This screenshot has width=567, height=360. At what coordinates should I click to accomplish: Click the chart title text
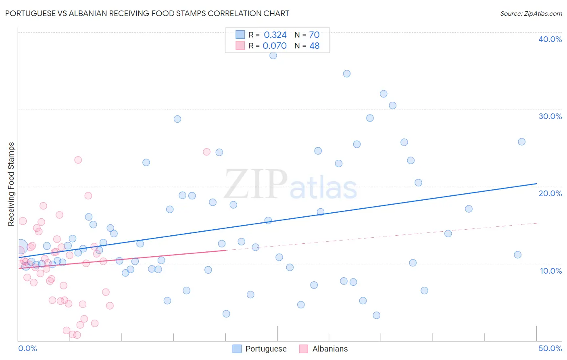tap(147, 13)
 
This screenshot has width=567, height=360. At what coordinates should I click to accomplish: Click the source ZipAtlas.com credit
tap(531, 13)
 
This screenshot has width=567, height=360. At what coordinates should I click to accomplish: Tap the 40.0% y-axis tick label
tap(550, 39)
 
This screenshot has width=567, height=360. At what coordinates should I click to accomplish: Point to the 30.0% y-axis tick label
tap(550, 116)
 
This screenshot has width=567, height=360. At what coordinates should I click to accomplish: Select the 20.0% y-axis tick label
tap(550, 193)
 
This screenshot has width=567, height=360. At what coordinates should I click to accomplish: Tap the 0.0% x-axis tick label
tap(27, 348)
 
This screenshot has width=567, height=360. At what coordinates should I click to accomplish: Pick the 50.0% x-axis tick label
tap(550, 348)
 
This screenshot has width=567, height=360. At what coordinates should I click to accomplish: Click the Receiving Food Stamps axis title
tap(11, 184)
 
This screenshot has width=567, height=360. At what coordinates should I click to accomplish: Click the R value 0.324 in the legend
tap(275, 35)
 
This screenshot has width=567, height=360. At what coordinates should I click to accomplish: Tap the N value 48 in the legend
tap(314, 46)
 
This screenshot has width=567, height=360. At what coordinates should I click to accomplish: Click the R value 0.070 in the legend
tap(275, 46)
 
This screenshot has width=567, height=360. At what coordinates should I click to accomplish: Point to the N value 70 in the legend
tap(314, 35)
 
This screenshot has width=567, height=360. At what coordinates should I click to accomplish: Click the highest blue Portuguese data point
tap(273, 55)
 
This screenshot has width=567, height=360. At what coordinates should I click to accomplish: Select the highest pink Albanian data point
tap(206, 152)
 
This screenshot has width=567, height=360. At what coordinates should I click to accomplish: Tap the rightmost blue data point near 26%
tap(521, 142)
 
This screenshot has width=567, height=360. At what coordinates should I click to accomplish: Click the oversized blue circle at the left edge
tap(21, 246)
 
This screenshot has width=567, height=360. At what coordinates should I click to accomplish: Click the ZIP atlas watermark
tap(290, 184)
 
